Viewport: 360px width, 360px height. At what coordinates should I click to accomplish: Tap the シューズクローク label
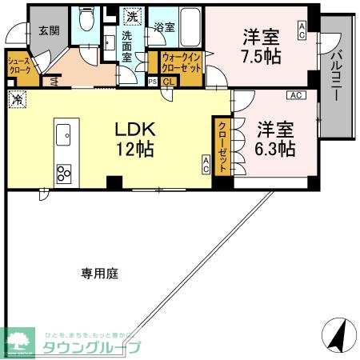19,66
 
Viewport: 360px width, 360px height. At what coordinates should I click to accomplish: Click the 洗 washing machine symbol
132,14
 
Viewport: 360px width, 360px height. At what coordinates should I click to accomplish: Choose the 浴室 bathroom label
165,27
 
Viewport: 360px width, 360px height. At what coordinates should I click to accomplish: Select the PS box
153,81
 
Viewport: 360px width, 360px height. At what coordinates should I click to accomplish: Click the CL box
168,81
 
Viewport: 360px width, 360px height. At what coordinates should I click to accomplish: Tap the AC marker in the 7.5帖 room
302,30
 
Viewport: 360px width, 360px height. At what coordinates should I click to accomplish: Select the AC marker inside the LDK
206,165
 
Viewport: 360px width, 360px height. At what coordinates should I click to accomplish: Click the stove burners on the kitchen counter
63,172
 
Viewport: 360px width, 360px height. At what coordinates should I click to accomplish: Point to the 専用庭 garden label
99,274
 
